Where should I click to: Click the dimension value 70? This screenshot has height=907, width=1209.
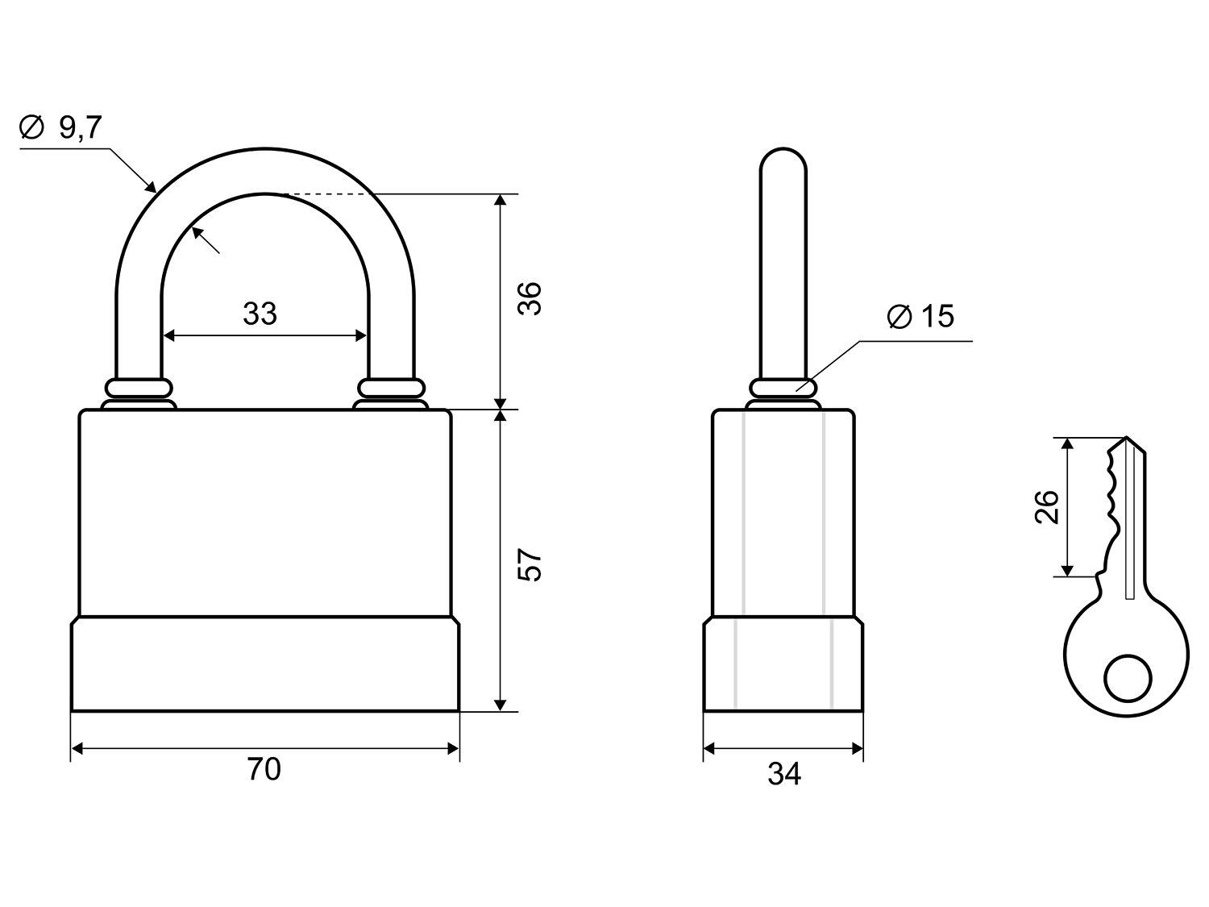click(x=264, y=770)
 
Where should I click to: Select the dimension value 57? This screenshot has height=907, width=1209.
click(x=530, y=565)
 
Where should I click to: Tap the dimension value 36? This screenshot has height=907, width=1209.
click(x=530, y=298)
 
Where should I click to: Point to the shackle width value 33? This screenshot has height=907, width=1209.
click(x=260, y=314)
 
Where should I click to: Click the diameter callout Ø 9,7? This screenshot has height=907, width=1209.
click(x=60, y=127)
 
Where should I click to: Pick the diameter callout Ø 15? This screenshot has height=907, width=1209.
click(x=920, y=316)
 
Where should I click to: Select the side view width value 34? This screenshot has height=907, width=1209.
click(x=783, y=774)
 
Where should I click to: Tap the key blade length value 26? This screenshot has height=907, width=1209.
click(x=1046, y=507)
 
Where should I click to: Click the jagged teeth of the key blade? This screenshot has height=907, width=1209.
click(x=1110, y=500)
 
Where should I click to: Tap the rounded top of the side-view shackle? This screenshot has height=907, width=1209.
click(x=783, y=157)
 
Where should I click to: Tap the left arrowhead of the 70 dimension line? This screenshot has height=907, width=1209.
click(x=77, y=749)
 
